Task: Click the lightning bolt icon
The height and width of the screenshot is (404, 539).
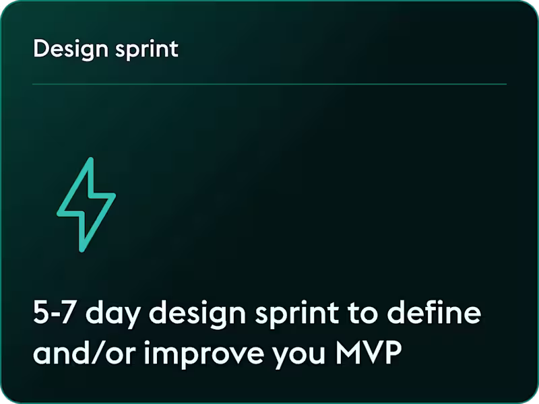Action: (86, 205)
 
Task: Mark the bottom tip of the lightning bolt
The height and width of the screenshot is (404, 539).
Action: (82, 250)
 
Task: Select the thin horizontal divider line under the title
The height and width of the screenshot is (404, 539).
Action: (269, 84)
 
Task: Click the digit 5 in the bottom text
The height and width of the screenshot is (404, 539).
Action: (40, 314)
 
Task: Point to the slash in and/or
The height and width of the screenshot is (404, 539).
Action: (99, 353)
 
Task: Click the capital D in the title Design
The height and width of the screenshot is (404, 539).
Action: (40, 49)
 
